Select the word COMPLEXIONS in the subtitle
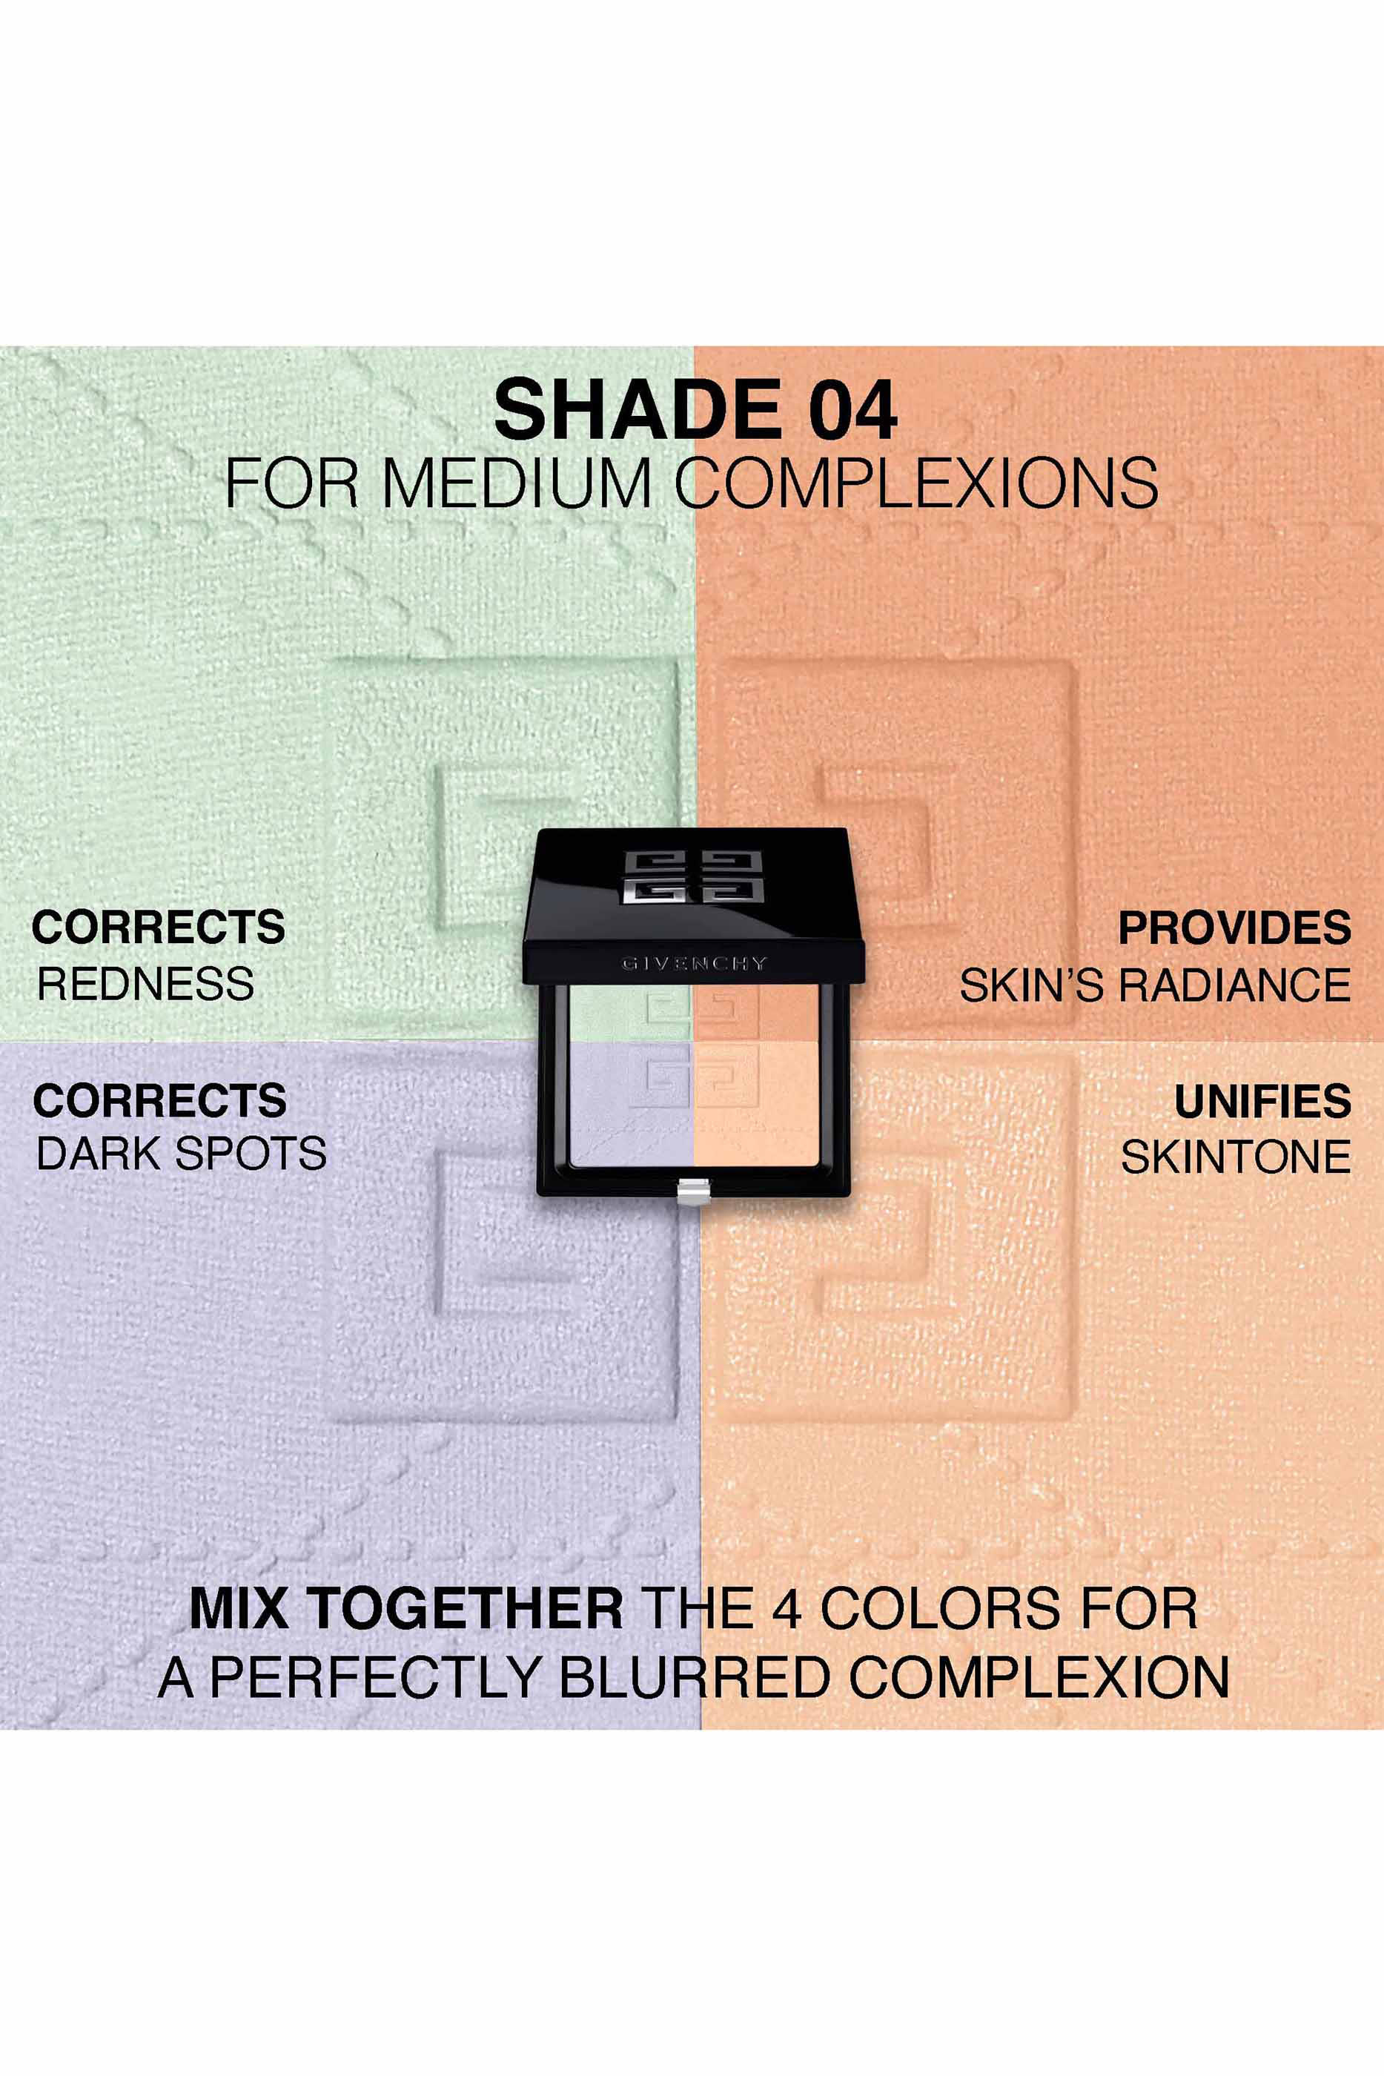click(x=916, y=483)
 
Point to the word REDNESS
click(x=145, y=983)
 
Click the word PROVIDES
click(x=1235, y=928)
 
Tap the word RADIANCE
click(x=1235, y=985)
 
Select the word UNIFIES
click(x=1262, y=1101)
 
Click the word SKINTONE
click(x=1236, y=1157)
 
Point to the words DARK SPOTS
click(x=181, y=1153)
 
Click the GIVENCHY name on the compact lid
click(x=694, y=963)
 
